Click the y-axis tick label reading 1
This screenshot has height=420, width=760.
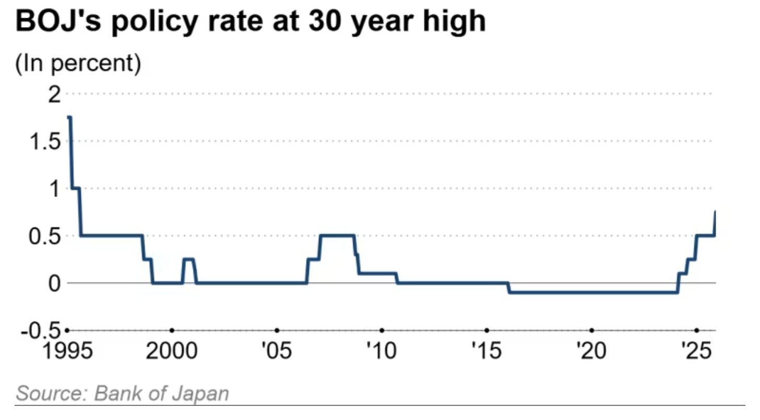(x=56, y=189)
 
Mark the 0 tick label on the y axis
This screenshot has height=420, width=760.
(x=55, y=283)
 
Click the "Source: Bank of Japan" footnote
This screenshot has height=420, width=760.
(x=123, y=393)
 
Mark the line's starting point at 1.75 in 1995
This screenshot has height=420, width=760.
(x=69, y=118)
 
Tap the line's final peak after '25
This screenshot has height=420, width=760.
(x=715, y=212)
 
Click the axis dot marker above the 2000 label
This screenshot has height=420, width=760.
(x=172, y=330)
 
